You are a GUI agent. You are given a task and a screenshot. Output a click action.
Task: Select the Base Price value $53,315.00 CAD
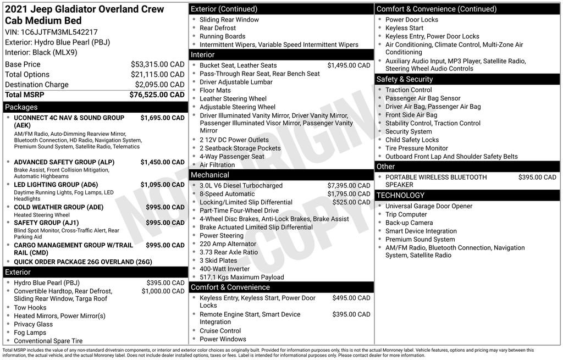click(x=157, y=64)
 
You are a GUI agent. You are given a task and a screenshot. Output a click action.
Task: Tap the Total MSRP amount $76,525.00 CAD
click(x=157, y=95)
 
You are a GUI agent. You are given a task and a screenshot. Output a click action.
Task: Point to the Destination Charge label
click(x=37, y=85)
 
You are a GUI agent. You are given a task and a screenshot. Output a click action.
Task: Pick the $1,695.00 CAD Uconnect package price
click(x=162, y=118)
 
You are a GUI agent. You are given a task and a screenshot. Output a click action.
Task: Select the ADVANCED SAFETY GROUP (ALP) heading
click(x=64, y=162)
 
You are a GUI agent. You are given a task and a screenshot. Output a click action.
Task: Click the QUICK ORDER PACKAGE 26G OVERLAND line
click(x=82, y=262)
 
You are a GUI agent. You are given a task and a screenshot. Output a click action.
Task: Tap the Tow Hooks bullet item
click(x=30, y=308)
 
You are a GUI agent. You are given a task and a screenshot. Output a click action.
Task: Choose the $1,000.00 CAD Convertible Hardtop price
click(x=163, y=291)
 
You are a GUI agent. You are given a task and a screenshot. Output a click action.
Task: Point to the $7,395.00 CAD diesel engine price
click(x=349, y=186)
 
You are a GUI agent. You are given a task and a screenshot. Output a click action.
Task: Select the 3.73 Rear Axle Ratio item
click(x=229, y=252)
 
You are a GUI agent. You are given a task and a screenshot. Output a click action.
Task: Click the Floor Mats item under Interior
click(x=215, y=90)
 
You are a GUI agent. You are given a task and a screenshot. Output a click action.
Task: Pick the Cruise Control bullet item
click(x=220, y=331)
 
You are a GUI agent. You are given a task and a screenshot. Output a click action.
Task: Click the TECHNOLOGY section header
click(x=468, y=195)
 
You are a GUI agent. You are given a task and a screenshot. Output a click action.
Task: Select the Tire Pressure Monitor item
click(x=417, y=148)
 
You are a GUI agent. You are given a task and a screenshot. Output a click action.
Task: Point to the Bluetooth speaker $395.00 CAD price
click(x=537, y=177)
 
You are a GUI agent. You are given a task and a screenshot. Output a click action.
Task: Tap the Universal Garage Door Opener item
click(x=429, y=206)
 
